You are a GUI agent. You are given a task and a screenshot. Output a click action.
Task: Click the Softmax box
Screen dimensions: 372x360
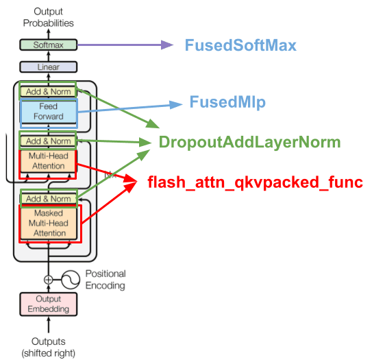[x=49, y=45]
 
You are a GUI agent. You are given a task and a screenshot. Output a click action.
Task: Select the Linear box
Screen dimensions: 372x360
[x=49, y=67]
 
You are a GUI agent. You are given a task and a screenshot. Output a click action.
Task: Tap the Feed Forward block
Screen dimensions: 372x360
[x=49, y=111]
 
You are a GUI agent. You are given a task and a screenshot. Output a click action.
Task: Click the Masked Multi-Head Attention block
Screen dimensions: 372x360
[x=49, y=224]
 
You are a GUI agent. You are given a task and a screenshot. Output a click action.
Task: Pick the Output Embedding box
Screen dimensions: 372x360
[x=49, y=304]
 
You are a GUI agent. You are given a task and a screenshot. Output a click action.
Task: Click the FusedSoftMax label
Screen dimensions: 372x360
[x=240, y=45]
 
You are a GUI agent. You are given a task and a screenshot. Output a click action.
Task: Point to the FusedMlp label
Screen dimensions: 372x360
[x=227, y=102]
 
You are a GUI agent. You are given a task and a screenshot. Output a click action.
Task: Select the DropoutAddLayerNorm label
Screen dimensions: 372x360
[x=249, y=142]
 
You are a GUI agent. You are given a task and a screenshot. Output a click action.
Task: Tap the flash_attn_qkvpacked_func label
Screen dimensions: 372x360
[x=255, y=182]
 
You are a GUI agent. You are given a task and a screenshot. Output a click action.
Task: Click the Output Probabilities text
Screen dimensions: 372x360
[x=49, y=17]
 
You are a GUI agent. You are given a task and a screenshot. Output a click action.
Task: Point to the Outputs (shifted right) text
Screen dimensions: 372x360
[x=49, y=348]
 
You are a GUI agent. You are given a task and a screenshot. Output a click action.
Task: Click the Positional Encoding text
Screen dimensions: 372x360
[x=106, y=280]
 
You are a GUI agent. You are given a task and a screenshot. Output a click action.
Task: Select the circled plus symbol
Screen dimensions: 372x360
[x=49, y=280]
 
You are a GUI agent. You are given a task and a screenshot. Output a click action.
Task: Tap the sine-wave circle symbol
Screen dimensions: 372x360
[x=71, y=280]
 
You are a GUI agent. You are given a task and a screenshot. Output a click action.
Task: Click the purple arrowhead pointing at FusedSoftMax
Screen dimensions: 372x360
[x=167, y=45]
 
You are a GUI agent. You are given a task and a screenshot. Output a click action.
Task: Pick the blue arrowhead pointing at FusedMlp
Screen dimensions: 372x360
[x=176, y=104]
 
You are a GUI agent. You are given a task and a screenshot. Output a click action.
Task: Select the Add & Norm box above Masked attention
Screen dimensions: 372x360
[x=49, y=199]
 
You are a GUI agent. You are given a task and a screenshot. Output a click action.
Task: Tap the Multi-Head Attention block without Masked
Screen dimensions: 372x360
[x=49, y=160]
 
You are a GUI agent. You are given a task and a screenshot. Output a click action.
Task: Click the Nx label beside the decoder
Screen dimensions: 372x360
[x=110, y=175]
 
